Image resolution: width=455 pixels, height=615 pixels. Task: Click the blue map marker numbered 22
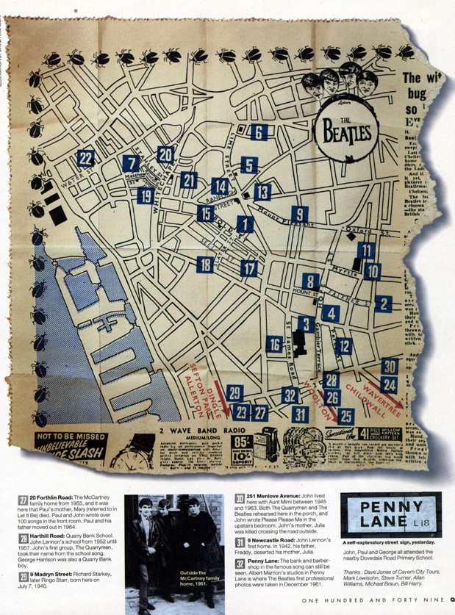pyautogui.click(x=86, y=158)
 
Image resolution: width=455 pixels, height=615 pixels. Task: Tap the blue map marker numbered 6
pyautogui.click(x=257, y=132)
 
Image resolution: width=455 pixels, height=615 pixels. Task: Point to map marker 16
pyautogui.click(x=274, y=345)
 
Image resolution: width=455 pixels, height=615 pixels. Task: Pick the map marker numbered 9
pyautogui.click(x=299, y=215)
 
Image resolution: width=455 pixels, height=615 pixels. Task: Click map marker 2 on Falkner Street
pyautogui.click(x=382, y=303)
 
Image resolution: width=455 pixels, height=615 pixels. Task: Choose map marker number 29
pyautogui.click(x=234, y=393)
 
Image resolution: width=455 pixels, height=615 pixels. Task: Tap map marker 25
pyautogui.click(x=346, y=417)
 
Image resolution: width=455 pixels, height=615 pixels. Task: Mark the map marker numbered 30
pyautogui.click(x=390, y=367)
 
